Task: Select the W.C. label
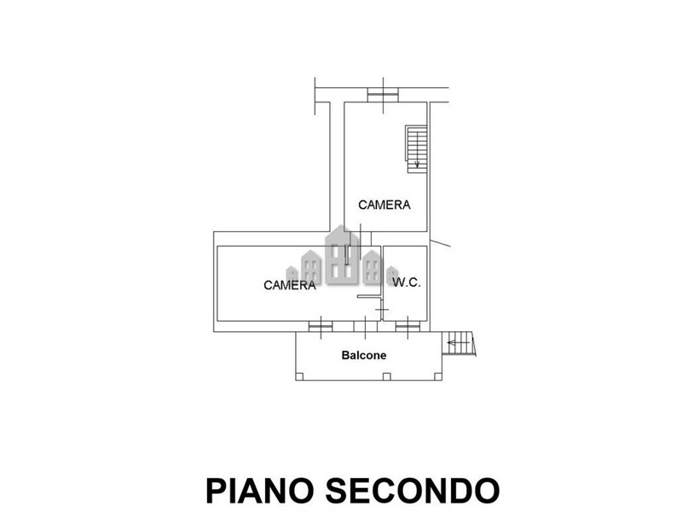[406, 282]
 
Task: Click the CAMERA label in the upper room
[384, 205]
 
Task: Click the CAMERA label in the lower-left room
[290, 285]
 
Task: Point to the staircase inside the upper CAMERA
[415, 148]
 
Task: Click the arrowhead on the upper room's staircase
[417, 164]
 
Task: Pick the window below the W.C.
[408, 324]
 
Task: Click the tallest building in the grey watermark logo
[343, 255]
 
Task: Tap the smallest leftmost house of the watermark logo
[312, 267]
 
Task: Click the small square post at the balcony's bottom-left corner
[298, 377]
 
